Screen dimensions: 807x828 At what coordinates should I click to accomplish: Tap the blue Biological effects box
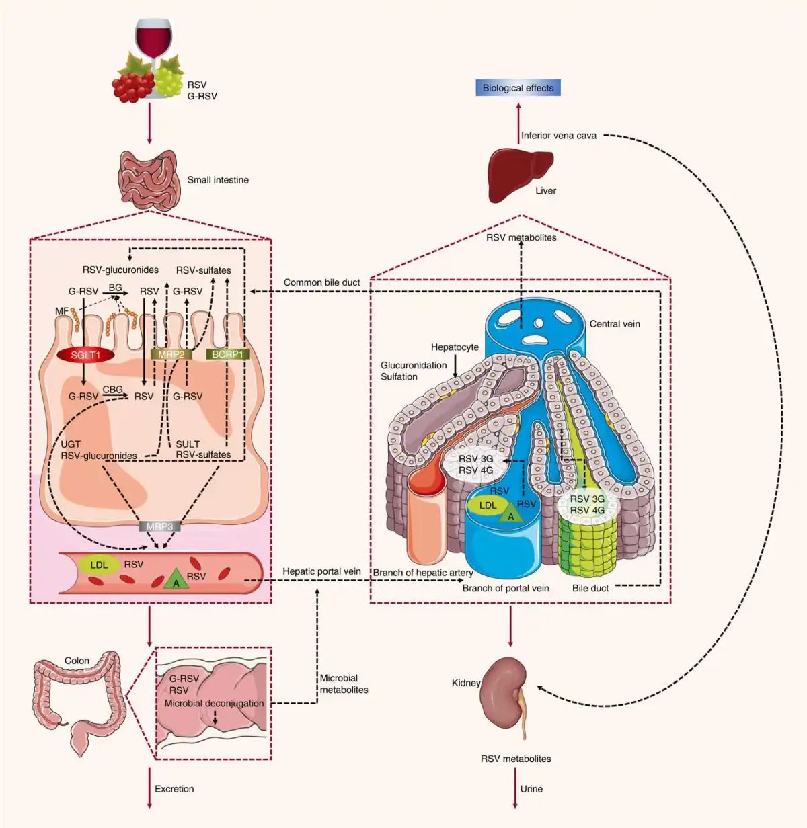click(x=518, y=87)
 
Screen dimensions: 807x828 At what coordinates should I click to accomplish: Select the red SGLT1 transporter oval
click(x=85, y=355)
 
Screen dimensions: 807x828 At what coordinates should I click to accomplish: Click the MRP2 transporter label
click(x=171, y=354)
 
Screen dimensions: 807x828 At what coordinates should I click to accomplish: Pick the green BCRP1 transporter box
click(x=227, y=354)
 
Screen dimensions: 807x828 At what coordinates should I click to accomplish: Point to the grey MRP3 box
click(x=159, y=526)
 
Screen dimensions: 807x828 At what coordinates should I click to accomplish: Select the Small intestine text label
click(x=218, y=180)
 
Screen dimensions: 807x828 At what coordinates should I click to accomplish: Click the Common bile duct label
click(x=321, y=282)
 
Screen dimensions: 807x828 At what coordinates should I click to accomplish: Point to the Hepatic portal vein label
click(x=321, y=571)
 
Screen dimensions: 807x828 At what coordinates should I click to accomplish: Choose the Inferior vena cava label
click(x=559, y=136)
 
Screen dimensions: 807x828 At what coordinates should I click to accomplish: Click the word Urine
click(x=531, y=789)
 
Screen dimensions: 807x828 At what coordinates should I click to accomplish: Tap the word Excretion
click(x=174, y=789)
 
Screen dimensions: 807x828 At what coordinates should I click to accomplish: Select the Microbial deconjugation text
click(x=215, y=704)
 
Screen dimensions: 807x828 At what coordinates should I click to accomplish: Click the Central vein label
click(x=615, y=324)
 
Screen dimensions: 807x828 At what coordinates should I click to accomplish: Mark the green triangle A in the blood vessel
click(x=176, y=579)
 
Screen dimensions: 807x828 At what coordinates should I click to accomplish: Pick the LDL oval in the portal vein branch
click(x=488, y=505)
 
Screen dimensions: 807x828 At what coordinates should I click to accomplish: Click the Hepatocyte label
click(x=455, y=347)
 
